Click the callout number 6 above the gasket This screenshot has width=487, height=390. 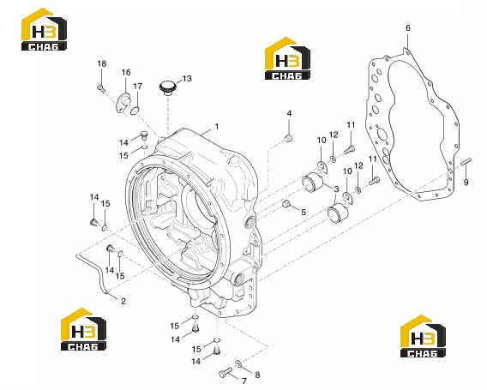coord(408,28)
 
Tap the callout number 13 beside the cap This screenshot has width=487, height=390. coord(187,79)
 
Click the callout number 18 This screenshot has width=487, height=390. coord(102,63)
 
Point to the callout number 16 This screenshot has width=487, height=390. coord(126,72)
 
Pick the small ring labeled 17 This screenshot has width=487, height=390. coord(135,110)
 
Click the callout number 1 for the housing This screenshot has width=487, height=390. coord(216,126)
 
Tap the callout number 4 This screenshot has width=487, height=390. coord(289,113)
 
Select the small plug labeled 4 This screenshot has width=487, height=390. coord(289,138)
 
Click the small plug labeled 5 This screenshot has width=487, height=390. coord(286,204)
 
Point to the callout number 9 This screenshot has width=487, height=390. coord(466,183)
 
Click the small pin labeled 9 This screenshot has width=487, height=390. coord(466,161)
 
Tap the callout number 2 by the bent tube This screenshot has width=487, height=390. coord(123,301)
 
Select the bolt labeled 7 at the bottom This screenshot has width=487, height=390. coord(225,372)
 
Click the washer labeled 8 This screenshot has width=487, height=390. coord(238,363)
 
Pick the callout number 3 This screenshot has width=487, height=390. coord(336,189)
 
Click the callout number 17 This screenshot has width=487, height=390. coord(137,87)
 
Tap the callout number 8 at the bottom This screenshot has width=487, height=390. coord(257,375)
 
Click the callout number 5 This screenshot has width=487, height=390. coord(304,212)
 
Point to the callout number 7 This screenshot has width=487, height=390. coord(244,381)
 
